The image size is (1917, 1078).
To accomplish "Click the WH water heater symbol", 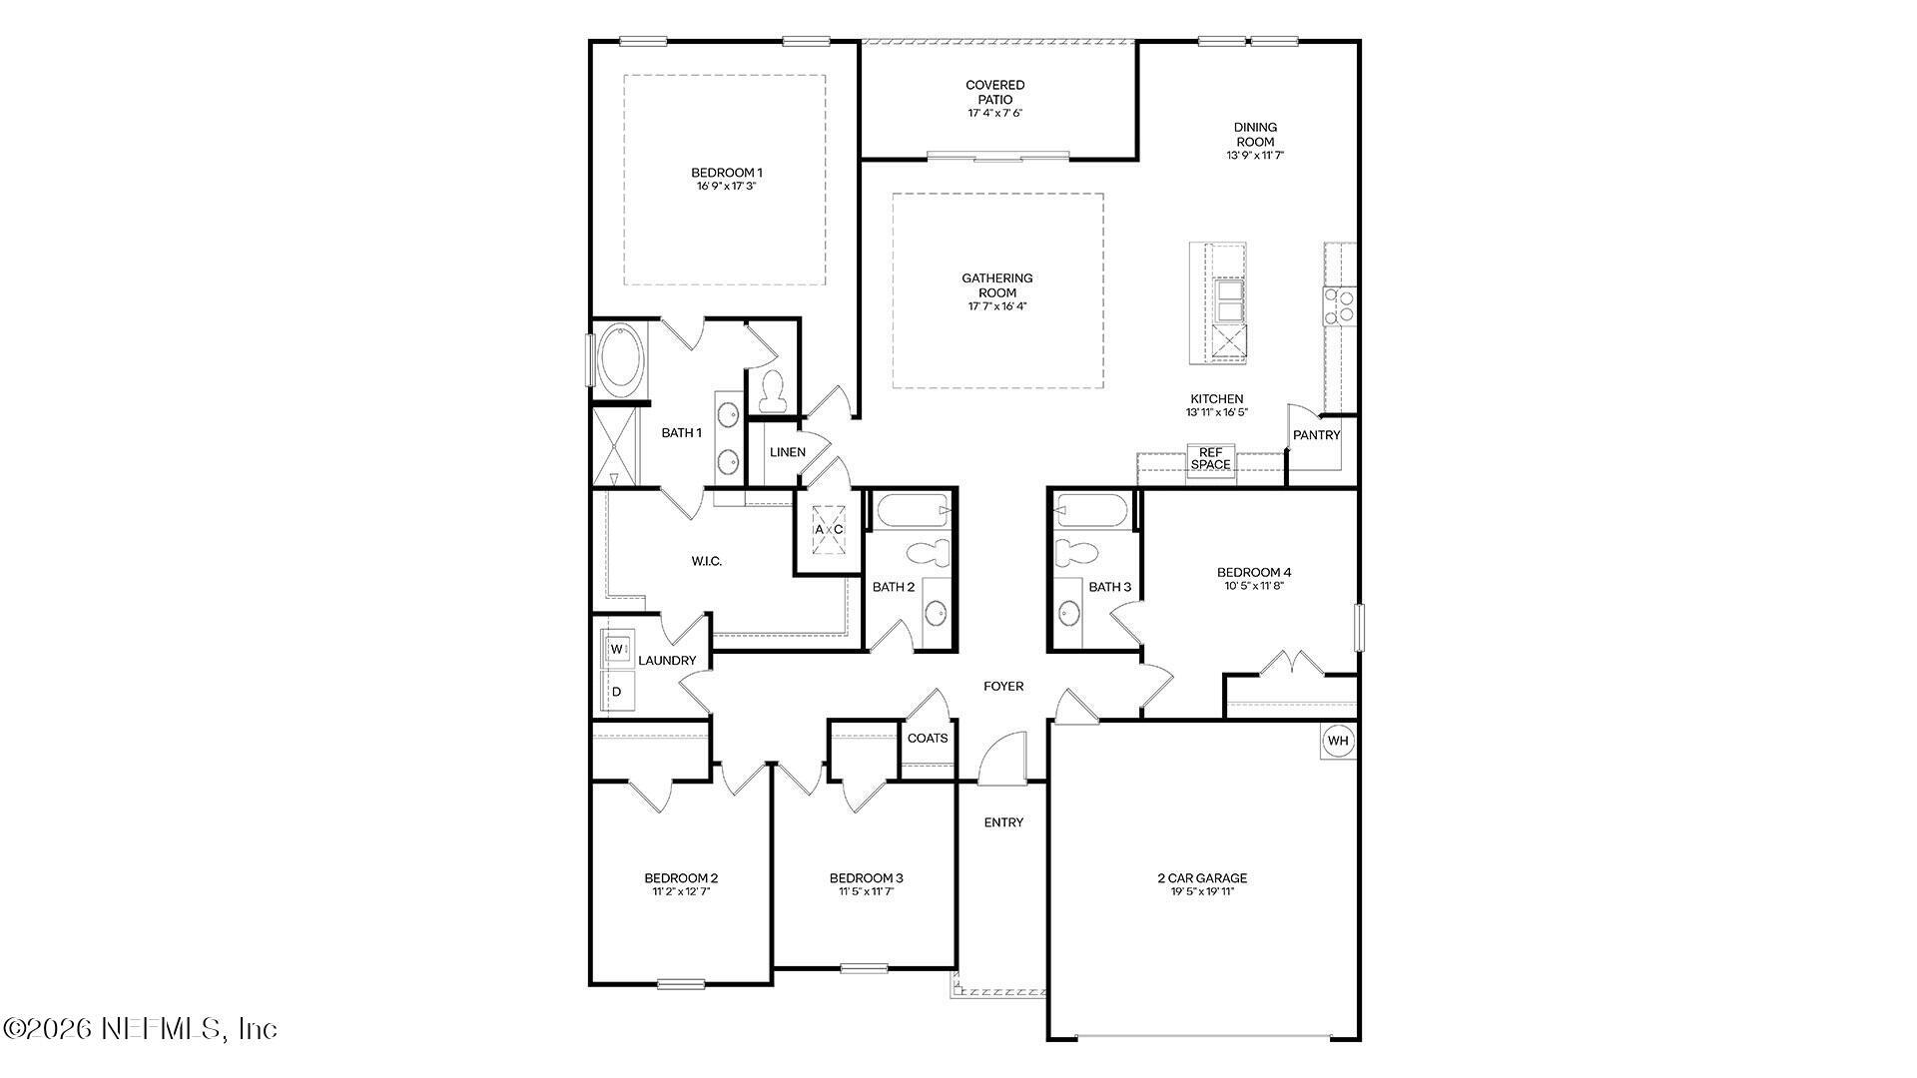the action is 1338,741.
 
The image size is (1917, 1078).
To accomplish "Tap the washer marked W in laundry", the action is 617,649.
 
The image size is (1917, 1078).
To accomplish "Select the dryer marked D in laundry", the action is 617,691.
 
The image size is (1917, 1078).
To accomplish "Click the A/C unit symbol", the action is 829,529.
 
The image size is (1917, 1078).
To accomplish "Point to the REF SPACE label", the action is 1210,459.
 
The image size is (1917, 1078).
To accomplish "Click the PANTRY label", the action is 1317,435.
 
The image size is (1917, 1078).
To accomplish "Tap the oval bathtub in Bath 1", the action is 621,357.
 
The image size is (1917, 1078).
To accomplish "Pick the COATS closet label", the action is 928,739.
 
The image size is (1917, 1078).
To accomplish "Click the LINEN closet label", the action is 788,452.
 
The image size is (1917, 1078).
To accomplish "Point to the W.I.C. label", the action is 707,562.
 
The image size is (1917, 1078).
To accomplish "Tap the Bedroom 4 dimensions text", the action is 1254,586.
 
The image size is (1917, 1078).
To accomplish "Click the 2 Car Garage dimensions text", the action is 1202,892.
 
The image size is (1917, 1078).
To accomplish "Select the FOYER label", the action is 1003,687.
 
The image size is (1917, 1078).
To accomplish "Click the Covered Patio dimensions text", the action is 995,114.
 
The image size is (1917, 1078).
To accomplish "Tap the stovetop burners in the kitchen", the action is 1340,305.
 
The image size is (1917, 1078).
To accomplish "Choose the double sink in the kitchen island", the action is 1229,300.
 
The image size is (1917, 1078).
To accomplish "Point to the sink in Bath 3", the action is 1068,612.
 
